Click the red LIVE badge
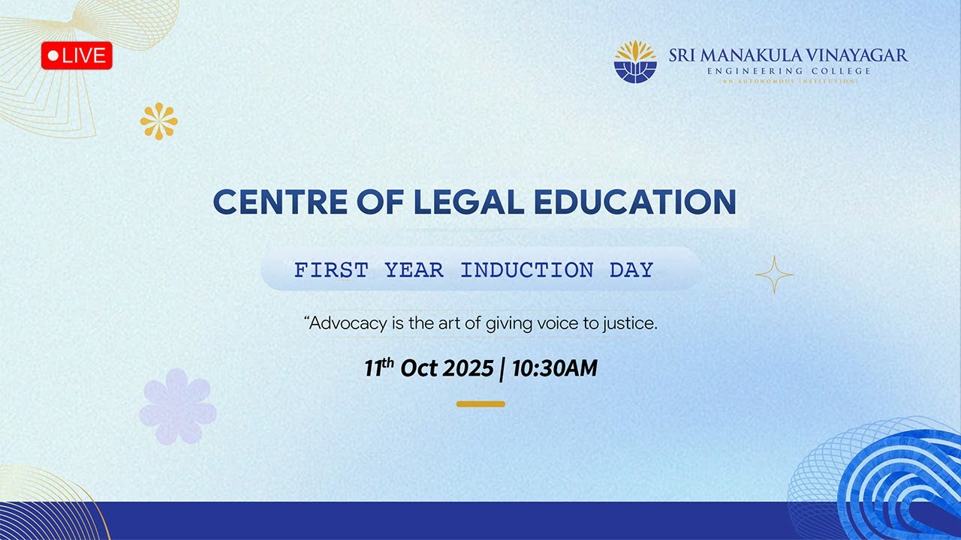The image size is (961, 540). pyautogui.click(x=77, y=55)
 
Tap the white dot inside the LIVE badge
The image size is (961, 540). pyautogui.click(x=53, y=55)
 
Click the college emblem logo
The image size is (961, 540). pyautogui.click(x=635, y=61)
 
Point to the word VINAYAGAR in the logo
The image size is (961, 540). pyautogui.click(x=856, y=55)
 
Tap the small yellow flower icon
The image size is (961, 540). pyautogui.click(x=159, y=121)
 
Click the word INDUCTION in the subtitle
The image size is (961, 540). pyautogui.click(x=526, y=270)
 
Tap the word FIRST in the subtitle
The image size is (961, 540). pyautogui.click(x=331, y=270)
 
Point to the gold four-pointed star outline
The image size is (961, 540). pyautogui.click(x=774, y=274)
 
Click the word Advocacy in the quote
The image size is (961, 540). pyautogui.click(x=343, y=324)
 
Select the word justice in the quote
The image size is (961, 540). pyautogui.click(x=632, y=324)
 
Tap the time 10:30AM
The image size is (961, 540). pyautogui.click(x=554, y=368)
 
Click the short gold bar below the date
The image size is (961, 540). pyautogui.click(x=480, y=404)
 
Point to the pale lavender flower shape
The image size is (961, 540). pyautogui.click(x=177, y=406)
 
